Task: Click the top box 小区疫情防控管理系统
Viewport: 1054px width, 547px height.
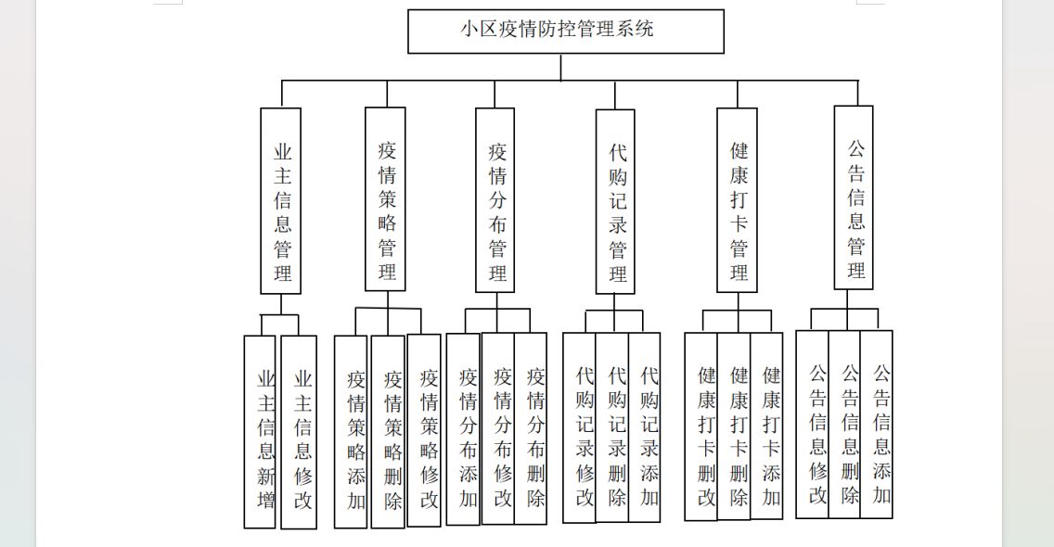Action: [566, 31]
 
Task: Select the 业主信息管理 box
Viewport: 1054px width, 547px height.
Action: [280, 201]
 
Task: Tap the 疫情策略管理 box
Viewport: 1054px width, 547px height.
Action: [385, 199]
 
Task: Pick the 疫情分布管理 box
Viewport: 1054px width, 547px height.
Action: [495, 200]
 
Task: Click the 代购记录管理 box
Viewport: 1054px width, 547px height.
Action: [615, 201]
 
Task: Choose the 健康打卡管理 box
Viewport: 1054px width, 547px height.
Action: [737, 200]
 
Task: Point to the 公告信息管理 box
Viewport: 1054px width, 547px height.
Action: [854, 197]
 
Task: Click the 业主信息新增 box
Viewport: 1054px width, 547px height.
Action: [260, 432]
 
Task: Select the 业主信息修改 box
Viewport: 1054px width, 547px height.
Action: [299, 432]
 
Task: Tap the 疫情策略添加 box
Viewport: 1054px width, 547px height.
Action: [351, 432]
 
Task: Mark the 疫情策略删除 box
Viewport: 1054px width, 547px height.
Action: [388, 432]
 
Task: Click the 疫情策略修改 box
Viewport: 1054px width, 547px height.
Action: [424, 431]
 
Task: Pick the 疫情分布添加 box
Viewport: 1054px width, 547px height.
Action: [463, 429]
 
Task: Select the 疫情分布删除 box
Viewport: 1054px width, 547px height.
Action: [531, 428]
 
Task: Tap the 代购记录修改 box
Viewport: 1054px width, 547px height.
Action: [580, 427]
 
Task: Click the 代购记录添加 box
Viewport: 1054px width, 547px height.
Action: [645, 427]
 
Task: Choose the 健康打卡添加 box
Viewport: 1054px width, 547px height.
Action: [767, 426]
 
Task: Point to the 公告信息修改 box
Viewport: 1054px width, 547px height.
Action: [812, 425]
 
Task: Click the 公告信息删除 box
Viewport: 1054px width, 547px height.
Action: [844, 425]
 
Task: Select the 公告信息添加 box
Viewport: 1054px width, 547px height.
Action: [877, 425]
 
